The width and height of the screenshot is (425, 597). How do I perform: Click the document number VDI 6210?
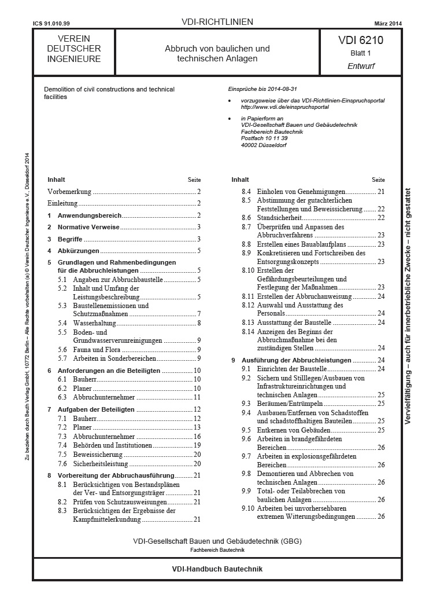coord(361,41)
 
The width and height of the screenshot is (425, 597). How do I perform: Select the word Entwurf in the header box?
coord(361,66)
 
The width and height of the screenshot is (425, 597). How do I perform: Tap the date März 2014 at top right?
coord(388,23)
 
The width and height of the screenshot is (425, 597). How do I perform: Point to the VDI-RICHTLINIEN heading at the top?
coord(217,23)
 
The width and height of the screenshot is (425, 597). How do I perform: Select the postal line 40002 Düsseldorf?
coord(263,145)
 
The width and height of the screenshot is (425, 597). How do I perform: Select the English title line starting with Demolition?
coord(109,89)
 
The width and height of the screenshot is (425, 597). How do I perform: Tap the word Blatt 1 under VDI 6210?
coord(361,53)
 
